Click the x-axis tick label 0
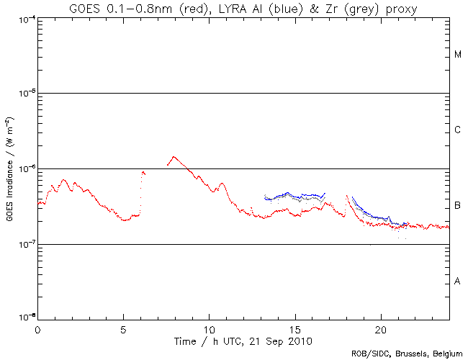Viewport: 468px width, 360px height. (x=37, y=329)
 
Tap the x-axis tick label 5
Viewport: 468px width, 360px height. (x=123, y=329)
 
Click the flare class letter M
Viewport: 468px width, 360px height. (x=458, y=55)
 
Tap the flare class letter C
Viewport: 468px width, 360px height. (x=458, y=130)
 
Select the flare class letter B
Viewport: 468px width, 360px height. (x=458, y=206)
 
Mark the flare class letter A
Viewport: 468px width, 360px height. (x=458, y=282)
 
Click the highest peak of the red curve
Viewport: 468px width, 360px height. (x=173, y=156)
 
